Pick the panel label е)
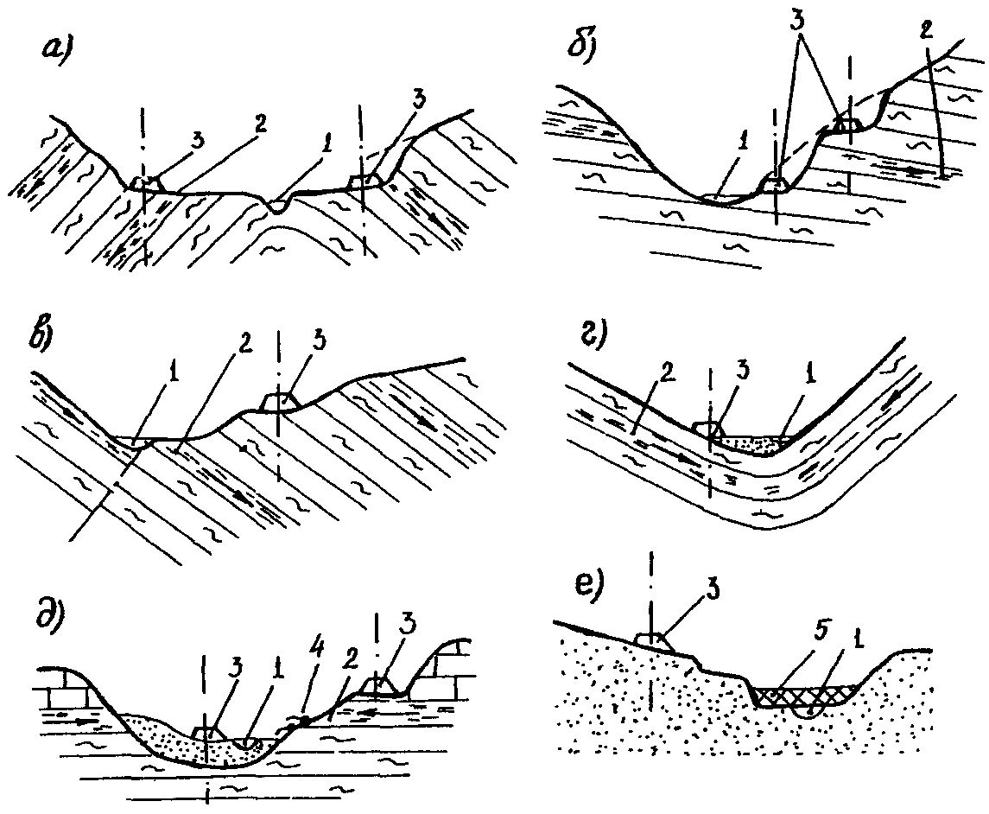[588, 583]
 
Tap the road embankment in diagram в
[278, 403]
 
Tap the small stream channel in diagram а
[276, 205]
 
